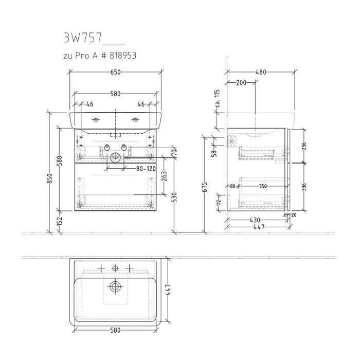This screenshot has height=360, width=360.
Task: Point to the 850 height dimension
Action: pyautogui.click(x=50, y=178)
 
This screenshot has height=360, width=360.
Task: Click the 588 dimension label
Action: pyautogui.click(x=60, y=160)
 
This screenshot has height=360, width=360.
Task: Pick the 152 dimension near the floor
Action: pyautogui.click(x=60, y=221)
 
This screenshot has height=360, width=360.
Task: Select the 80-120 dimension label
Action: pyautogui.click(x=146, y=168)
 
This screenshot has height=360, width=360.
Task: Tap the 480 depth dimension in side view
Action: pyautogui.click(x=261, y=73)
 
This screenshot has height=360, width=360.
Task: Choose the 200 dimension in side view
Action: pyautogui.click(x=241, y=83)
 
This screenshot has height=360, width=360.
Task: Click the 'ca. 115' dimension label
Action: pyautogui.click(x=217, y=99)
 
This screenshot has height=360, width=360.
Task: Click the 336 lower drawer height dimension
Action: pyautogui.click(x=304, y=186)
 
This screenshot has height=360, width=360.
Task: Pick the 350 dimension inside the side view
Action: pyautogui.click(x=263, y=187)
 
